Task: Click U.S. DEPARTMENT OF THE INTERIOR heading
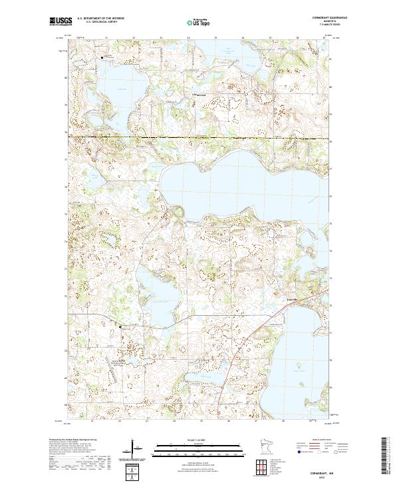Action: (x=101, y=19)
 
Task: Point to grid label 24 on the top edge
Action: (x=188, y=38)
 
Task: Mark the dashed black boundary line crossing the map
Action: (x=199, y=138)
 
